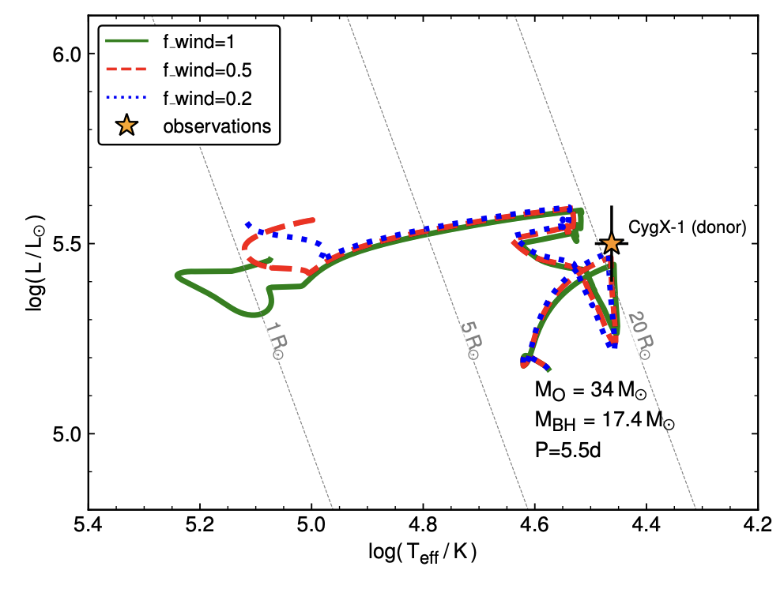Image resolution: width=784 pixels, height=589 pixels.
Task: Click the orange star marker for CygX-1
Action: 611,243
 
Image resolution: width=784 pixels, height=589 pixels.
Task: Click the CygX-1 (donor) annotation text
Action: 687,227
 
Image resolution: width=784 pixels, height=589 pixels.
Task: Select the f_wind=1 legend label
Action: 198,42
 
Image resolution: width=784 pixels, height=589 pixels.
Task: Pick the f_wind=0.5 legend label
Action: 207,70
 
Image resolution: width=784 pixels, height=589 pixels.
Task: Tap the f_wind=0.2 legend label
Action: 207,99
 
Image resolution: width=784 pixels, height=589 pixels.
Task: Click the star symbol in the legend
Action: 126,126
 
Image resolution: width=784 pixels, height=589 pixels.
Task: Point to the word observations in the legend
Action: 217,126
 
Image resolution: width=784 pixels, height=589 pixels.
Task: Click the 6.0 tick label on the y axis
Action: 66,54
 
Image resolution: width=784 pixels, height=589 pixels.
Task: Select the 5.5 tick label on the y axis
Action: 66,244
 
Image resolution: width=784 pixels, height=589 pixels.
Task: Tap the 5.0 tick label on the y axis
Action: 66,434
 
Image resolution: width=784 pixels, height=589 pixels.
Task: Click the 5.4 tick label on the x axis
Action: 88,526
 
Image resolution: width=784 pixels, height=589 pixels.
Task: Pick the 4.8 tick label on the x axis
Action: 423,526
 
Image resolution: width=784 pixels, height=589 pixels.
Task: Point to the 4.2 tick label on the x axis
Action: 758,526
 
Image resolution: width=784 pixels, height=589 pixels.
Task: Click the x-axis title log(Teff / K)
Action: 423,553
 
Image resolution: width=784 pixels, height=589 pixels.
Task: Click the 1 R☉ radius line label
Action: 274,340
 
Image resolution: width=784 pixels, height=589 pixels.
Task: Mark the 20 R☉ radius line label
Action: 640,336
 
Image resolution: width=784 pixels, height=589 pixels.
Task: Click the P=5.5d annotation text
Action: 568,450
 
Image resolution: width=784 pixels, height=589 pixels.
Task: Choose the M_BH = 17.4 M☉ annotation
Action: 605,421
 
